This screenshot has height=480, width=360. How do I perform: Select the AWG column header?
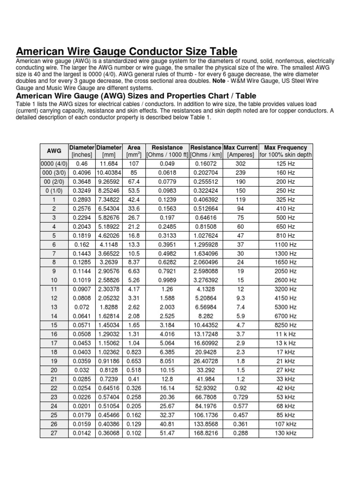[54, 151]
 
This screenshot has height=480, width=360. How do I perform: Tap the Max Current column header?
[240, 147]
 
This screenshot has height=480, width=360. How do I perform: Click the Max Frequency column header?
[285, 147]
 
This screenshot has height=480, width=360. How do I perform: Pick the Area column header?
[134, 147]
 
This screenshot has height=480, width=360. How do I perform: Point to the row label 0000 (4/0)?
[54, 164]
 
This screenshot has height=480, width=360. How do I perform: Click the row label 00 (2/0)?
[54, 181]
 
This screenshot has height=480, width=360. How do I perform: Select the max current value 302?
[240, 164]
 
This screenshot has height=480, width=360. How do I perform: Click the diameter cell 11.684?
[109, 164]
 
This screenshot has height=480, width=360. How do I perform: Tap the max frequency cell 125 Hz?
[285, 164]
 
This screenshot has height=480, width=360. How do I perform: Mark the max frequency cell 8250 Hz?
[285, 324]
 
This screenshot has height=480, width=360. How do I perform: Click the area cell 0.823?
[134, 352]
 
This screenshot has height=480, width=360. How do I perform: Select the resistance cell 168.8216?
[206, 432]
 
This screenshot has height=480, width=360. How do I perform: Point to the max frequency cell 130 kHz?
[285, 432]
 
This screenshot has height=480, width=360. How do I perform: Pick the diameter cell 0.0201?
[82, 405]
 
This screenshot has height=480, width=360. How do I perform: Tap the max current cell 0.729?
[240, 397]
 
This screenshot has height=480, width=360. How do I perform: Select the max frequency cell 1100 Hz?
[285, 244]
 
